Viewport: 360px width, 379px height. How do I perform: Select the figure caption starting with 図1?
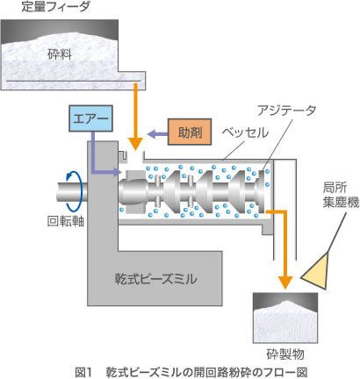(x=179, y=368)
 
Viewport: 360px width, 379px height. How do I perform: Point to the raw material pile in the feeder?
(x=61, y=44)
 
